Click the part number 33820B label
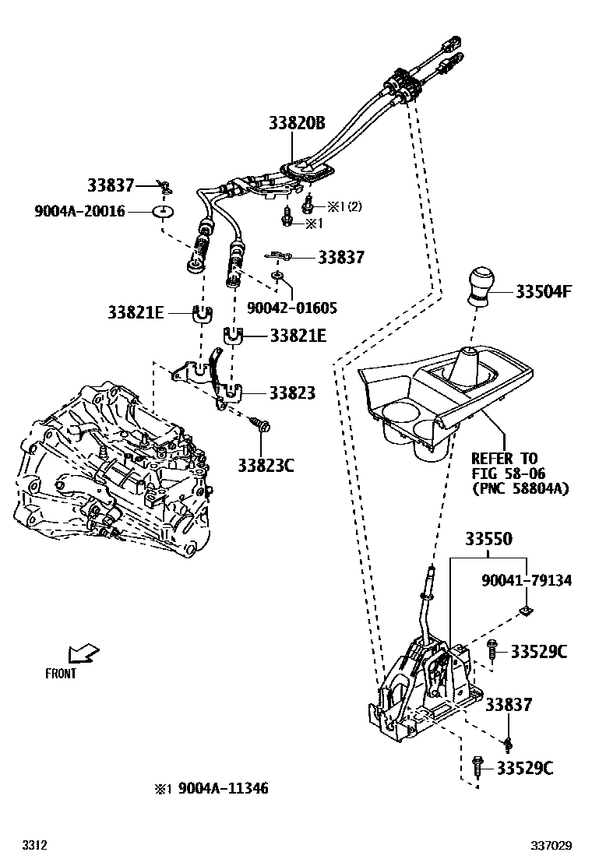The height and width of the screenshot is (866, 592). [296, 123]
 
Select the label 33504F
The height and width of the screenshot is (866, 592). [544, 292]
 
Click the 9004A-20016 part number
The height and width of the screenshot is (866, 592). [79, 211]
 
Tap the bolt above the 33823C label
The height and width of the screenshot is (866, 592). [260, 424]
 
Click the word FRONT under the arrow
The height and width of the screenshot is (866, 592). [61, 674]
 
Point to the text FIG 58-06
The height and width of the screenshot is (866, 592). [508, 473]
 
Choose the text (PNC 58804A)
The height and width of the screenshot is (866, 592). [520, 488]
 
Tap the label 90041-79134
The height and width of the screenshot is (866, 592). [527, 581]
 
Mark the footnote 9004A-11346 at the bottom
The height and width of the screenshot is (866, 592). [223, 789]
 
